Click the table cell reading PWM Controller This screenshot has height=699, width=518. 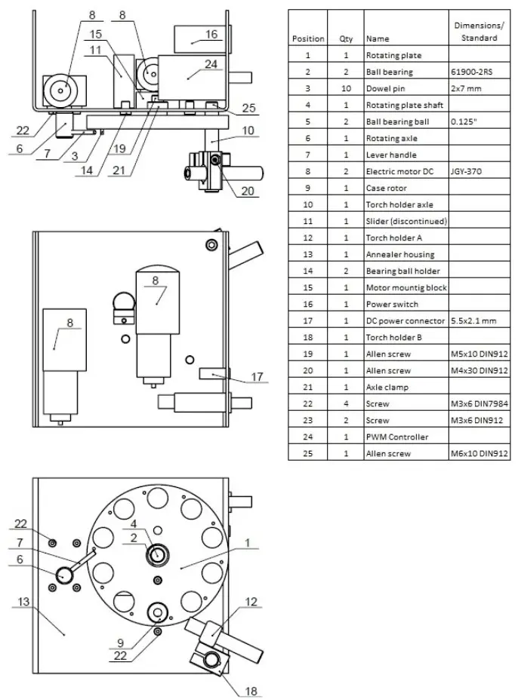(x=397, y=437)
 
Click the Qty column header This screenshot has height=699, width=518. (x=346, y=38)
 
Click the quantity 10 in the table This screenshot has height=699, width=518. (x=346, y=89)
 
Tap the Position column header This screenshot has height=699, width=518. (x=307, y=38)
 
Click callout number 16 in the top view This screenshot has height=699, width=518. (x=211, y=35)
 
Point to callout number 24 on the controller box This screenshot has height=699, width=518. (x=211, y=64)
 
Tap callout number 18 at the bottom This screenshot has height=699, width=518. (x=251, y=691)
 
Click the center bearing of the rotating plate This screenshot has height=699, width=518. (x=158, y=556)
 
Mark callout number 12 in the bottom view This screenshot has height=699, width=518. (x=252, y=601)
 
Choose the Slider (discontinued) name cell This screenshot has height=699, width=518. (x=406, y=221)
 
